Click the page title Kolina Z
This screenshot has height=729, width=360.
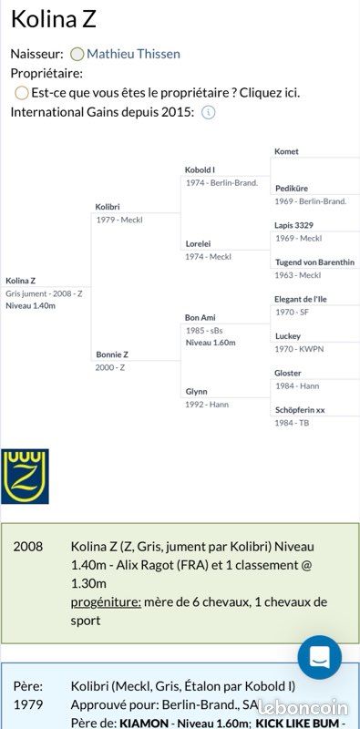(x=53, y=21)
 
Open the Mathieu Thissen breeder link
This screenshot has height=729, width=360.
(x=133, y=54)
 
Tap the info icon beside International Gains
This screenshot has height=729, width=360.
(x=208, y=112)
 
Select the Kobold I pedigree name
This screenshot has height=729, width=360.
(x=200, y=170)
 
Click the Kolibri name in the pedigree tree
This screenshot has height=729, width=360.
(x=108, y=207)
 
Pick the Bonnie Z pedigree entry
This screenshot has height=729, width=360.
(x=112, y=354)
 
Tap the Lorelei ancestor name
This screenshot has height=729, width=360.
(x=199, y=243)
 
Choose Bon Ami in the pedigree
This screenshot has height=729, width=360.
(x=200, y=318)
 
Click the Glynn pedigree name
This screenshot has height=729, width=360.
(x=196, y=392)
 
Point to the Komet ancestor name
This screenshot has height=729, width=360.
(x=286, y=151)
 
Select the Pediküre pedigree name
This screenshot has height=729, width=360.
(x=291, y=189)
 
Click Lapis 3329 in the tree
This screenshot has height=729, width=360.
(x=294, y=225)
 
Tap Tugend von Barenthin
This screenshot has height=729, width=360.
(x=314, y=262)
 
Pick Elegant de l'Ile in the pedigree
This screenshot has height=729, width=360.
(x=301, y=300)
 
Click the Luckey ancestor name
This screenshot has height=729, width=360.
(x=288, y=336)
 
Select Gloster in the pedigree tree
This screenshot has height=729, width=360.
(x=288, y=374)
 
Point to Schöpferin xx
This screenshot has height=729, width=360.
(x=300, y=411)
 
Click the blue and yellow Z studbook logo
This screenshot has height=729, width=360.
(x=25, y=476)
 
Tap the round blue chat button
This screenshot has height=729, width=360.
(x=320, y=657)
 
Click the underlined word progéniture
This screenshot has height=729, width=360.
(x=106, y=602)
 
